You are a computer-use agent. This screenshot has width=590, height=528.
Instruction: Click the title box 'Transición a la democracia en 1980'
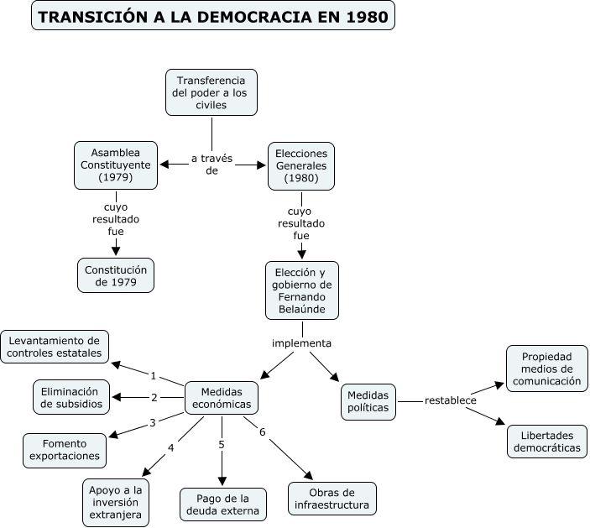pyautogui.click(x=213, y=16)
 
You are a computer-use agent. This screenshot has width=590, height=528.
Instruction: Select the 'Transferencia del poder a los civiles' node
pyautogui.click(x=211, y=92)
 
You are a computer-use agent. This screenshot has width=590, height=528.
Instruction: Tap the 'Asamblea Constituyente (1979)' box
pyautogui.click(x=116, y=165)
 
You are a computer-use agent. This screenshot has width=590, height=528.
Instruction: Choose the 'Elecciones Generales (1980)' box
pyautogui.click(x=301, y=165)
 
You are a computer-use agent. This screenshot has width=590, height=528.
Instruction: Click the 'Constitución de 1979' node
pyautogui.click(x=116, y=275)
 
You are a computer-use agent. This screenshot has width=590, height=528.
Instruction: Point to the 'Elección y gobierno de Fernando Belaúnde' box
pyautogui.click(x=302, y=290)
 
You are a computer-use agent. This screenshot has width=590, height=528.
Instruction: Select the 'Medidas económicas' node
pyautogui.click(x=222, y=397)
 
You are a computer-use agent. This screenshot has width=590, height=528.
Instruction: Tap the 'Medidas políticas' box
pyautogui.click(x=368, y=401)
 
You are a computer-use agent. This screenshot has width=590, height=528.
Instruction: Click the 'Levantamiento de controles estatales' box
pyautogui.click(x=55, y=347)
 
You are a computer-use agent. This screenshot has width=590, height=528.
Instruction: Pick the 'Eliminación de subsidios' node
pyautogui.click(x=71, y=397)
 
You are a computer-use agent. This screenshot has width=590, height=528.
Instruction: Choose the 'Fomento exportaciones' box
pyautogui.click(x=65, y=450)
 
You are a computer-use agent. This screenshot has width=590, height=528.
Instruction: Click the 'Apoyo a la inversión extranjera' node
pyautogui.click(x=117, y=501)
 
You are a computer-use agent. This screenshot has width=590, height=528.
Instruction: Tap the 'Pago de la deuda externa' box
pyautogui.click(x=223, y=504)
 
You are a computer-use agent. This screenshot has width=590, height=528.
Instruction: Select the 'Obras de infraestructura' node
pyautogui.click(x=332, y=499)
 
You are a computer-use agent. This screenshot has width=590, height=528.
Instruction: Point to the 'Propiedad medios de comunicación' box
pyautogui.click(x=547, y=369)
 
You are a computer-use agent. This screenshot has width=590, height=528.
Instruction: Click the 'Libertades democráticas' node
pyautogui.click(x=547, y=442)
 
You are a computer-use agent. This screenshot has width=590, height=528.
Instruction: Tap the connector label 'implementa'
pyautogui.click(x=302, y=343)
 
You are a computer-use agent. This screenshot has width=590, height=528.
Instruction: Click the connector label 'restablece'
pyautogui.click(x=451, y=400)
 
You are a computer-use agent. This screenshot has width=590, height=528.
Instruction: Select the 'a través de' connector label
pyautogui.click(x=211, y=165)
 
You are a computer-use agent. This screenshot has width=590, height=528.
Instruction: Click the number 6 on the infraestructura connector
pyautogui.click(x=263, y=432)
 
